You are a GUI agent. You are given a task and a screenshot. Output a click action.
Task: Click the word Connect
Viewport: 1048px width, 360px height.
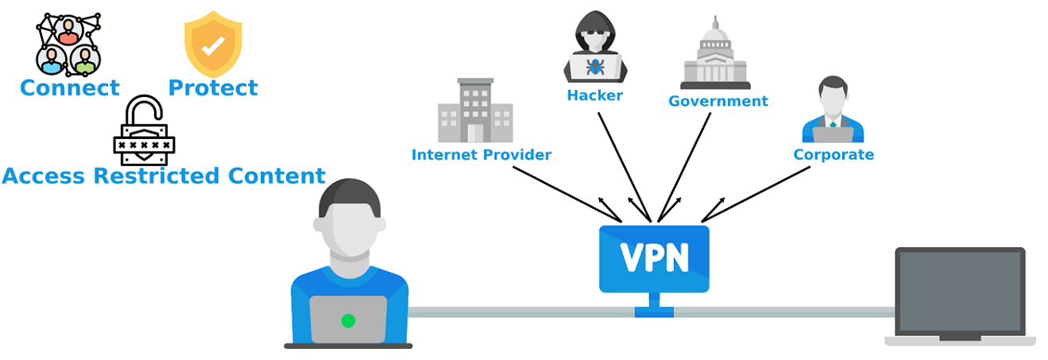[70, 87]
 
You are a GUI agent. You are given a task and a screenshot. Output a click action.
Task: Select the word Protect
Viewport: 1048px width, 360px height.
[213, 87]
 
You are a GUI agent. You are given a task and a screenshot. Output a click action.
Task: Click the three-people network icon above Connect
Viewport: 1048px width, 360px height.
[68, 44]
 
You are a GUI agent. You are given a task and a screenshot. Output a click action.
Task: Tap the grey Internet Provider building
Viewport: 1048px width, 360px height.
[474, 110]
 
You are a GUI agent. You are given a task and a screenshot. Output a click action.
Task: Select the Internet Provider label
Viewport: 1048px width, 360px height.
[481, 155]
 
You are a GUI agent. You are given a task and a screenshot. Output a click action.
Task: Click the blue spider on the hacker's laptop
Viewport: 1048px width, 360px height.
[595, 66]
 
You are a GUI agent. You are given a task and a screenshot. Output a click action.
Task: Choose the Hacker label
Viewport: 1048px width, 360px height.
[594, 96]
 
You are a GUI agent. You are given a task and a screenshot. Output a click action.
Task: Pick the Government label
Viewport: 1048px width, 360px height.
[717, 102]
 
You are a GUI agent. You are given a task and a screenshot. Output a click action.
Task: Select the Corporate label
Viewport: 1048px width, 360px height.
[833, 155]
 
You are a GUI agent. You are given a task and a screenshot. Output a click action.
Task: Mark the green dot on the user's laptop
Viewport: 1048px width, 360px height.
[347, 320]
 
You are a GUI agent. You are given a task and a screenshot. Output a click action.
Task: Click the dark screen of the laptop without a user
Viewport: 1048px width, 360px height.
[959, 292]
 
